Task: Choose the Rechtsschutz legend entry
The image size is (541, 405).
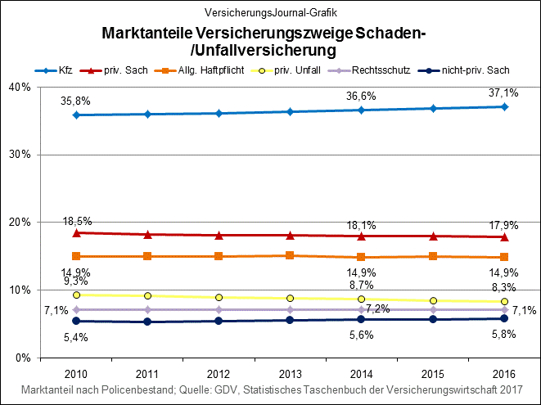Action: click(x=389, y=70)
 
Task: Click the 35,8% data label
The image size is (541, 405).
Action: click(x=75, y=101)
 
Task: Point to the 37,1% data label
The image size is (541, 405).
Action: click(x=503, y=93)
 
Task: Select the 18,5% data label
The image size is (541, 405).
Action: click(x=77, y=221)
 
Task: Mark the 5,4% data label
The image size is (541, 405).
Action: click(x=76, y=336)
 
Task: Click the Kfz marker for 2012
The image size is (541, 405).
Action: click(x=219, y=113)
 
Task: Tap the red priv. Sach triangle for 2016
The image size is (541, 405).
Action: click(x=504, y=236)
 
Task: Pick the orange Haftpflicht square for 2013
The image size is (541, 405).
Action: click(x=291, y=255)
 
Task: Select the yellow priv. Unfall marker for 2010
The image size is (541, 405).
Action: click(x=76, y=295)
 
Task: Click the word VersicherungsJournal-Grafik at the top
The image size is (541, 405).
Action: click(x=269, y=13)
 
